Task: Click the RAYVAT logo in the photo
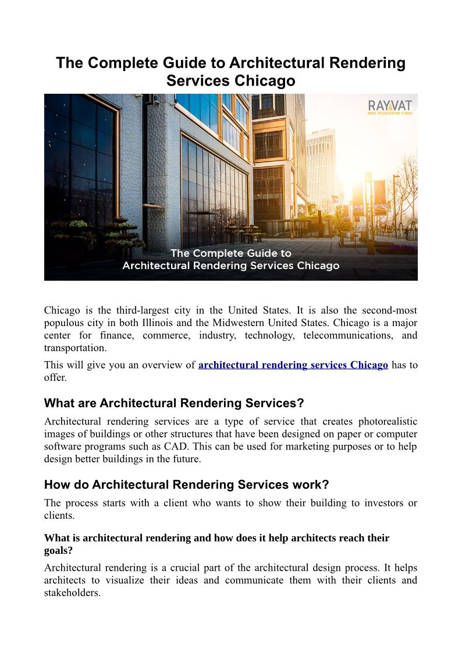point(390,107)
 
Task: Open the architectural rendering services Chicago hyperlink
point(293,365)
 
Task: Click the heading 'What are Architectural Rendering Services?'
point(174,403)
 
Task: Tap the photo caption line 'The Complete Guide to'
point(230,253)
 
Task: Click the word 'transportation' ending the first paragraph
point(74,348)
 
